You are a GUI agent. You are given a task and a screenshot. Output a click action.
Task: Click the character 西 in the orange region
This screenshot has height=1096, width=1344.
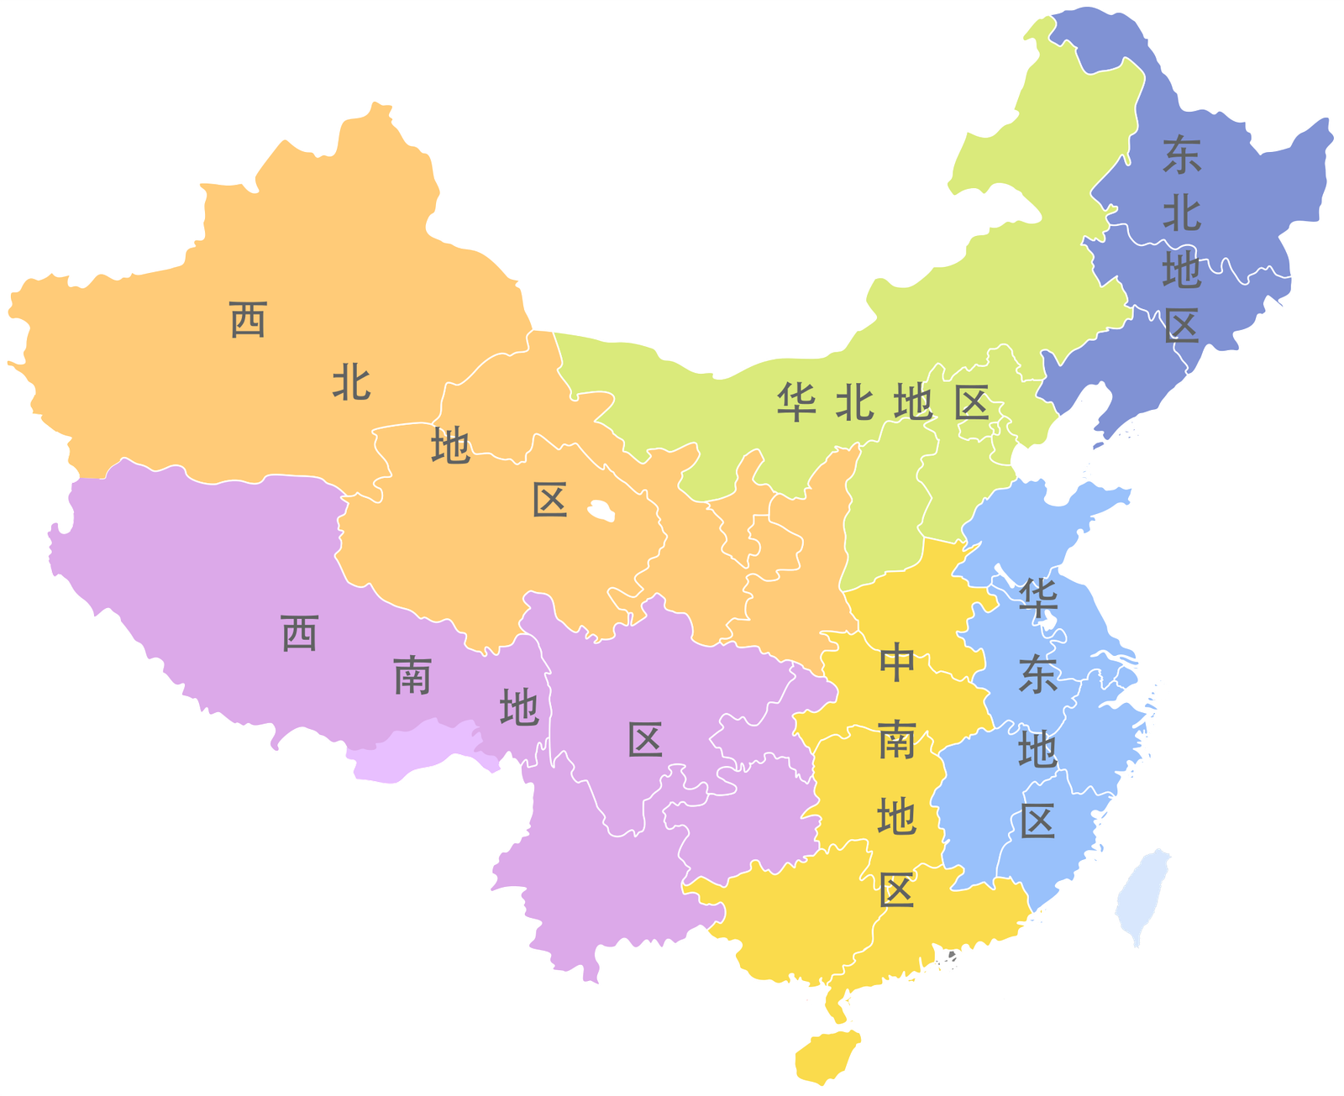point(249,320)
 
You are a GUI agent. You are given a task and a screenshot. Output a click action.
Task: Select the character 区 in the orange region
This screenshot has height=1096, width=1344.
point(550,500)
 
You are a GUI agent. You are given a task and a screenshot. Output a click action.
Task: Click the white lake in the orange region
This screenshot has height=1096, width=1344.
point(601,510)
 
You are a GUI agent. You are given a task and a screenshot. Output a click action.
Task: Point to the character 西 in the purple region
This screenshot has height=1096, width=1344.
point(300,632)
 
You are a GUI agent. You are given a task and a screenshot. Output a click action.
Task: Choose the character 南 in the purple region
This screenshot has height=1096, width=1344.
point(412,675)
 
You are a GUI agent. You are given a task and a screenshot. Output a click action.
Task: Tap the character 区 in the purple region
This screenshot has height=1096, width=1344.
point(645,740)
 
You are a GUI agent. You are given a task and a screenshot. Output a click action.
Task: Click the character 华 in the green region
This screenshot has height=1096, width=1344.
point(795,402)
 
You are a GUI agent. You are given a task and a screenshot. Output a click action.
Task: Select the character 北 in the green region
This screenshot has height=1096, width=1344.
point(854,403)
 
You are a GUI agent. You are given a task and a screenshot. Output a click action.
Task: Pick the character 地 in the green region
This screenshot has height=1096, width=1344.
point(913,403)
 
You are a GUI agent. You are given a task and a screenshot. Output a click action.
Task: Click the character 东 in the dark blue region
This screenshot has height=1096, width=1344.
point(1182,155)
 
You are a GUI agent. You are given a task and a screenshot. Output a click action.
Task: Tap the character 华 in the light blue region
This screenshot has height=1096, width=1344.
point(1038,598)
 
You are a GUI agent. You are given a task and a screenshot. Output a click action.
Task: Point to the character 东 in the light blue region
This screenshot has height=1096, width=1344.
point(1038,674)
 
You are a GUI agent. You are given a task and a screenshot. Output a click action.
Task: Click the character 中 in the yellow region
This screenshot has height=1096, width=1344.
point(897,663)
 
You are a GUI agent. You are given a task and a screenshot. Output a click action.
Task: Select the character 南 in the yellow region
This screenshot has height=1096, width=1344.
point(897,740)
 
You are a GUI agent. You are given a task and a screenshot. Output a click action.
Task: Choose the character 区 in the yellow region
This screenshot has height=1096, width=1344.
point(897,889)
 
